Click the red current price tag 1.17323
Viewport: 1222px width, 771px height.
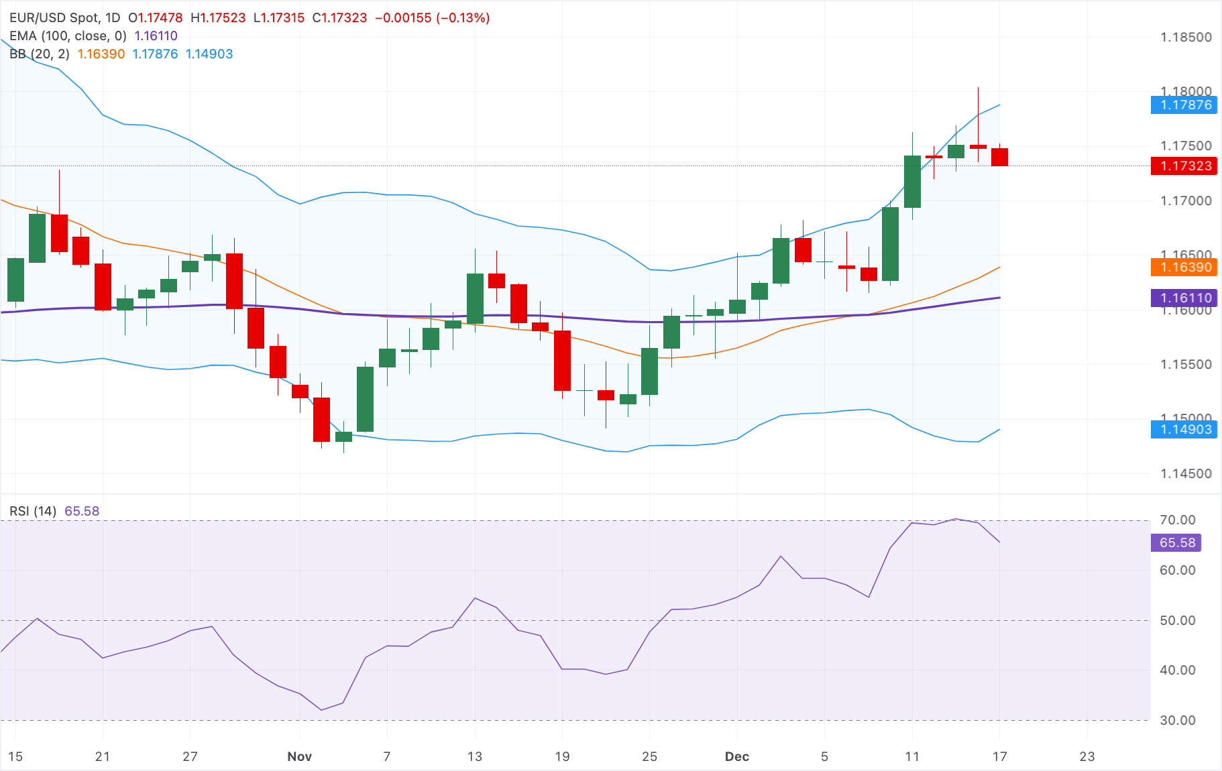[x=1184, y=166]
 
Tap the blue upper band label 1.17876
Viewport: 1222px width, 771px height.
[x=1184, y=105]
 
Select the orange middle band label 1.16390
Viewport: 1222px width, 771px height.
[x=1184, y=267]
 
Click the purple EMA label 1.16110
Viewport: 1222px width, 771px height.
[x=1184, y=298]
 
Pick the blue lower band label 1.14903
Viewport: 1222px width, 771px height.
[x=1184, y=430]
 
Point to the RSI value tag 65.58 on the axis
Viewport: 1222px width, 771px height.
[x=1176, y=542]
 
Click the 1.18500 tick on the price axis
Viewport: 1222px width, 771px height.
[x=1186, y=38]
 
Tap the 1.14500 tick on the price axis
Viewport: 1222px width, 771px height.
[x=1186, y=473]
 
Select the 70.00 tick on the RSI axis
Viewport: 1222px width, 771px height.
[x=1177, y=520]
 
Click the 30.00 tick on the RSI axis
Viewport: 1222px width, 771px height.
[x=1177, y=720]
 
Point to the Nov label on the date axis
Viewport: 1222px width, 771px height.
[x=299, y=756]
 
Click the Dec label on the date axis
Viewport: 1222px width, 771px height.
[x=736, y=756]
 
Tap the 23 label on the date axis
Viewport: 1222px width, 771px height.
[x=1087, y=756]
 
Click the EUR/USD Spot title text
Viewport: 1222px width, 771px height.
[x=54, y=18]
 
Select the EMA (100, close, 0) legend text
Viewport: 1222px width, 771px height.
[x=68, y=36]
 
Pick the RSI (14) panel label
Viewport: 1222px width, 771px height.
[x=33, y=511]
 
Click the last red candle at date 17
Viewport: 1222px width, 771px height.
[x=999, y=157]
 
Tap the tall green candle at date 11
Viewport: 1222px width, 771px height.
[x=912, y=182]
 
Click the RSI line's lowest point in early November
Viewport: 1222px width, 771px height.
[x=322, y=709]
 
